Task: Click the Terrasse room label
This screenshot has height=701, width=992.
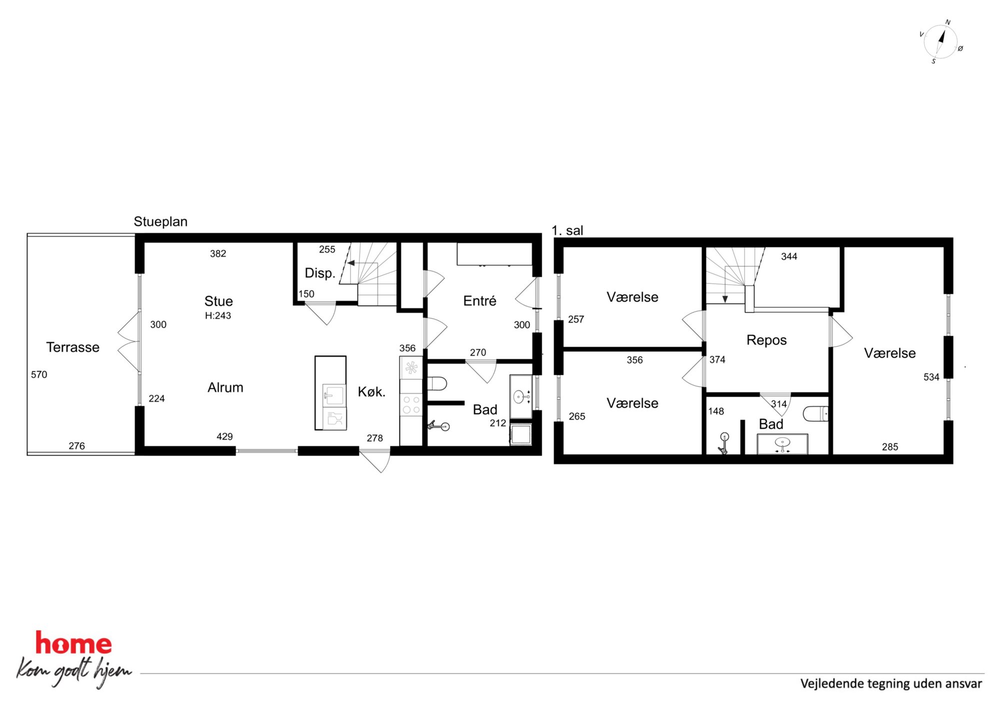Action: point(72,347)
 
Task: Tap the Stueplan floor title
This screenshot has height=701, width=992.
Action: point(160,222)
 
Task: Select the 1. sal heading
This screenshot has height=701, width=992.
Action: point(567,230)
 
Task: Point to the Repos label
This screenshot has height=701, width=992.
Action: point(766,340)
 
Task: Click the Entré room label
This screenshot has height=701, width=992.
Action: point(479,301)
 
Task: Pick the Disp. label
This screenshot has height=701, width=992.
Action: point(319,273)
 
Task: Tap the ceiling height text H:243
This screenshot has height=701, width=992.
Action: point(218,316)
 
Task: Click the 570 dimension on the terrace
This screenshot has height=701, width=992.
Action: point(39,375)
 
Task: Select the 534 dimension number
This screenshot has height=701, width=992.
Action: point(931,377)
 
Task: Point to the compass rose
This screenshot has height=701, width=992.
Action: point(940,42)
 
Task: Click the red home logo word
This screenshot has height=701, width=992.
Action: point(73,644)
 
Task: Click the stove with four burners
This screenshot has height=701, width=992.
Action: point(411,405)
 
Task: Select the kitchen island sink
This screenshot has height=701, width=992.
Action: point(333,395)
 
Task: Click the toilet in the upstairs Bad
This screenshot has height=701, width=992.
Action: point(815,414)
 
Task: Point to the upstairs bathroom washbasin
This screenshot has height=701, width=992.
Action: point(782,443)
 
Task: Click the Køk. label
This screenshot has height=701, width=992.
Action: point(371,392)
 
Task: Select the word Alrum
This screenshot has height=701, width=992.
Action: point(225,388)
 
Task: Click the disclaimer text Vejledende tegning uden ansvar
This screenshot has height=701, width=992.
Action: point(891,684)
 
